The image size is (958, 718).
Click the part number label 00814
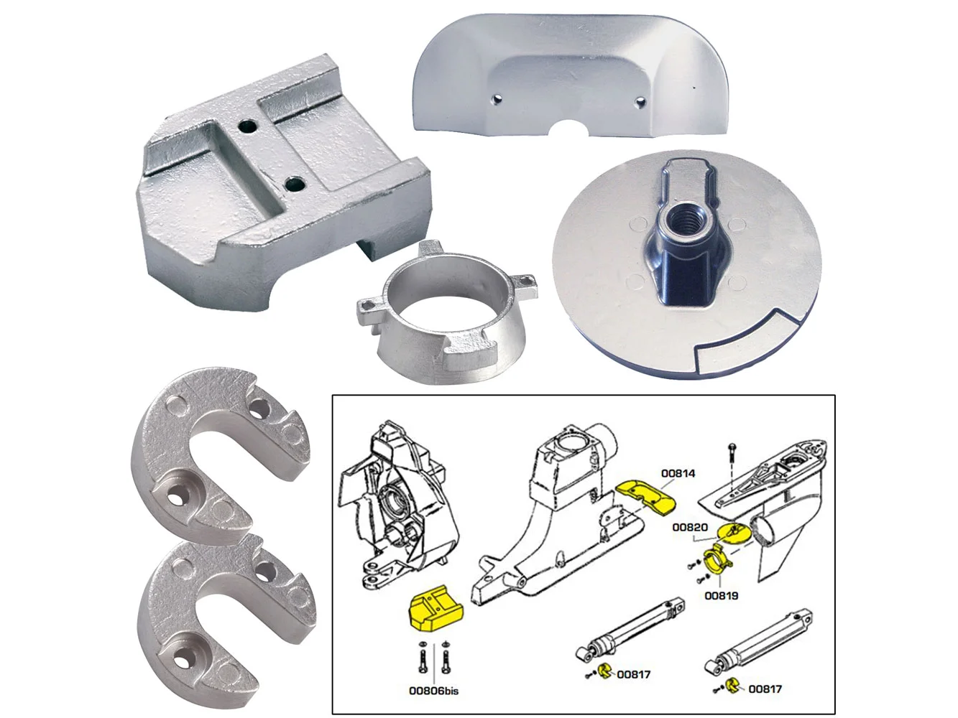(678, 473)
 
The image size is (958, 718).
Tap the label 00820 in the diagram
(690, 528)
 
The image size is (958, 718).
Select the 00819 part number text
(722, 595)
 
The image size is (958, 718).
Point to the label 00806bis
(434, 691)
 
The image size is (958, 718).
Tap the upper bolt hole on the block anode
(247, 127)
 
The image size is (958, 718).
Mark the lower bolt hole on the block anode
(295, 185)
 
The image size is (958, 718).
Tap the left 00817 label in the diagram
(633, 674)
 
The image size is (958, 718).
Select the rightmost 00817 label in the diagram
(765, 689)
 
